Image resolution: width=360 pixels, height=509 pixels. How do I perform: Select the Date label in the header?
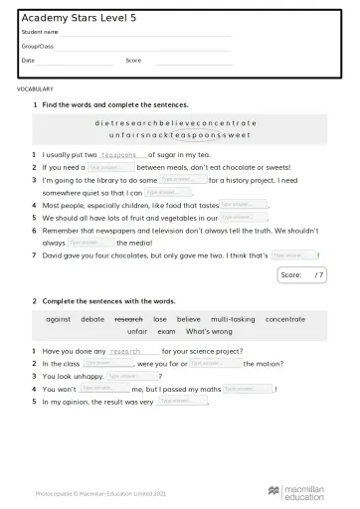point(28,60)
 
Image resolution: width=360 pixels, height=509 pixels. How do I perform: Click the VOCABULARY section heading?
point(36,88)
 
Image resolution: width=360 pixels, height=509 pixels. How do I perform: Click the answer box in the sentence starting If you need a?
point(110,168)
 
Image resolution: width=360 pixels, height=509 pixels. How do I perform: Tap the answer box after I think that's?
point(292,254)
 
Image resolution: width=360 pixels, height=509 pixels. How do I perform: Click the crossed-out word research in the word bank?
point(129,319)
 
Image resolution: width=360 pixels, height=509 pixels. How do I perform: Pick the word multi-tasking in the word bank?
point(232,319)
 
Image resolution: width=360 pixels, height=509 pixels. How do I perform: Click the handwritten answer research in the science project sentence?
point(132,352)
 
